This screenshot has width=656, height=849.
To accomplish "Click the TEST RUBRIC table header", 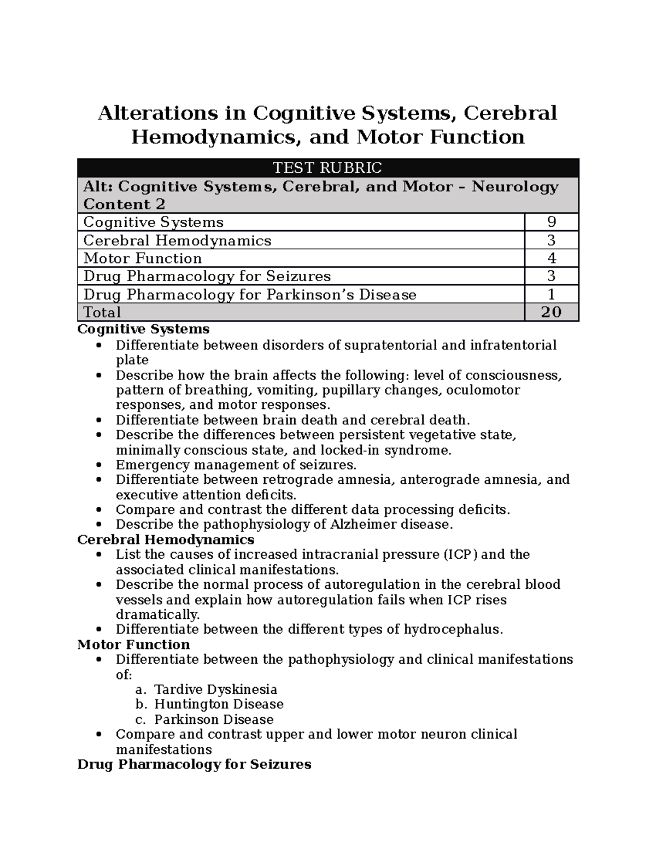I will [x=327, y=167].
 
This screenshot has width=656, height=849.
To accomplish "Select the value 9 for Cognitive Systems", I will [x=551, y=222].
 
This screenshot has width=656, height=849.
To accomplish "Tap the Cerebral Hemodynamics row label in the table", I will [x=177, y=241].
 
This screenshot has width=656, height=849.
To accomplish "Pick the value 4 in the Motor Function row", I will [x=551, y=258].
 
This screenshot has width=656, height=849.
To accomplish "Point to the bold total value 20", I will [x=551, y=312].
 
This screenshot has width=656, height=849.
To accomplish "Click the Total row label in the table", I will [x=102, y=312].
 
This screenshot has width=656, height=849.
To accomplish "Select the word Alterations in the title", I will [x=157, y=113].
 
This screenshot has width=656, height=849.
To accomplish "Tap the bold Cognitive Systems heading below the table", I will [x=143, y=329].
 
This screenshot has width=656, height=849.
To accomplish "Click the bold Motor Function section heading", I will [x=133, y=645].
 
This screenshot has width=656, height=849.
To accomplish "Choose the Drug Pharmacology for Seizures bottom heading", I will [x=194, y=764].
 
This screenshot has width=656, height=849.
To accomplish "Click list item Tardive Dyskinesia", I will [x=215, y=689].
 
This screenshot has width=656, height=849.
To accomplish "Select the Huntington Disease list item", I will [x=219, y=704].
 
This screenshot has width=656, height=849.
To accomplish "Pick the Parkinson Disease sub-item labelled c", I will [x=214, y=719].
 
